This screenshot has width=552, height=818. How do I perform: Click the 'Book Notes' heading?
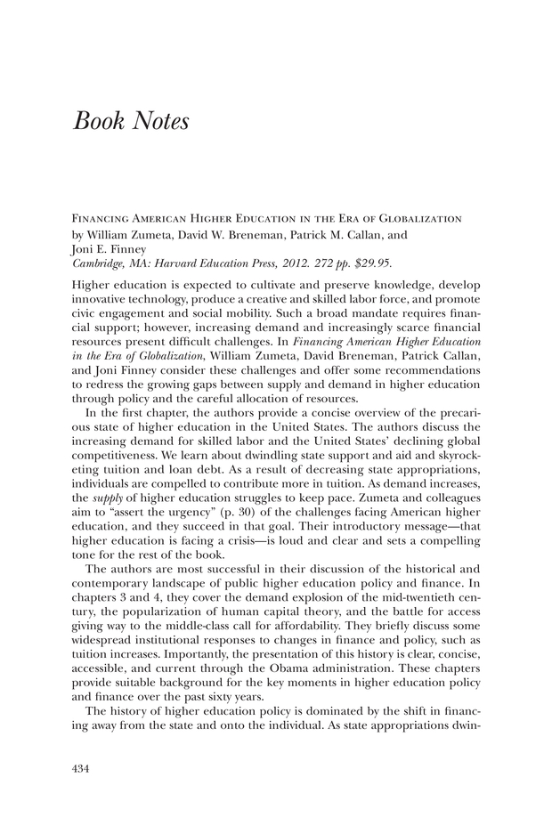(x=131, y=121)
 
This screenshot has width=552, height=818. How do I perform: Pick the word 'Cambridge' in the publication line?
(x=96, y=264)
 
